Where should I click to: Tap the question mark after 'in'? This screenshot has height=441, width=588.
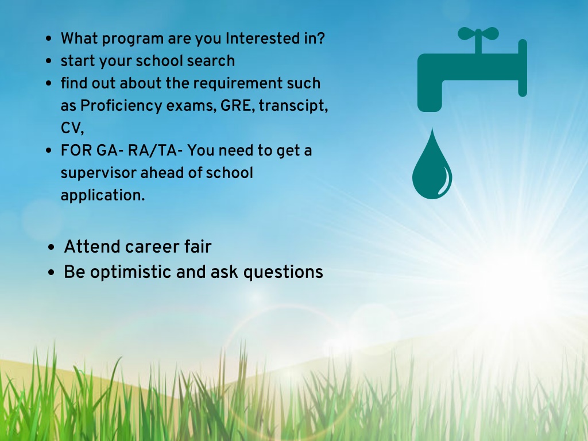pyautogui.click(x=320, y=38)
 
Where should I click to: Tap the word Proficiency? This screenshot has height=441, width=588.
pyautogui.click(x=121, y=106)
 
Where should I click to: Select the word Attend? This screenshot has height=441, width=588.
pyautogui.click(x=92, y=247)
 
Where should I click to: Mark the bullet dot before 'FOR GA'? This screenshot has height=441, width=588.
pyautogui.click(x=48, y=150)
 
